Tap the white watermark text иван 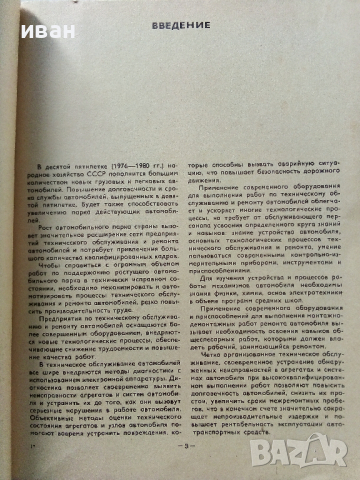(25, 17)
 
